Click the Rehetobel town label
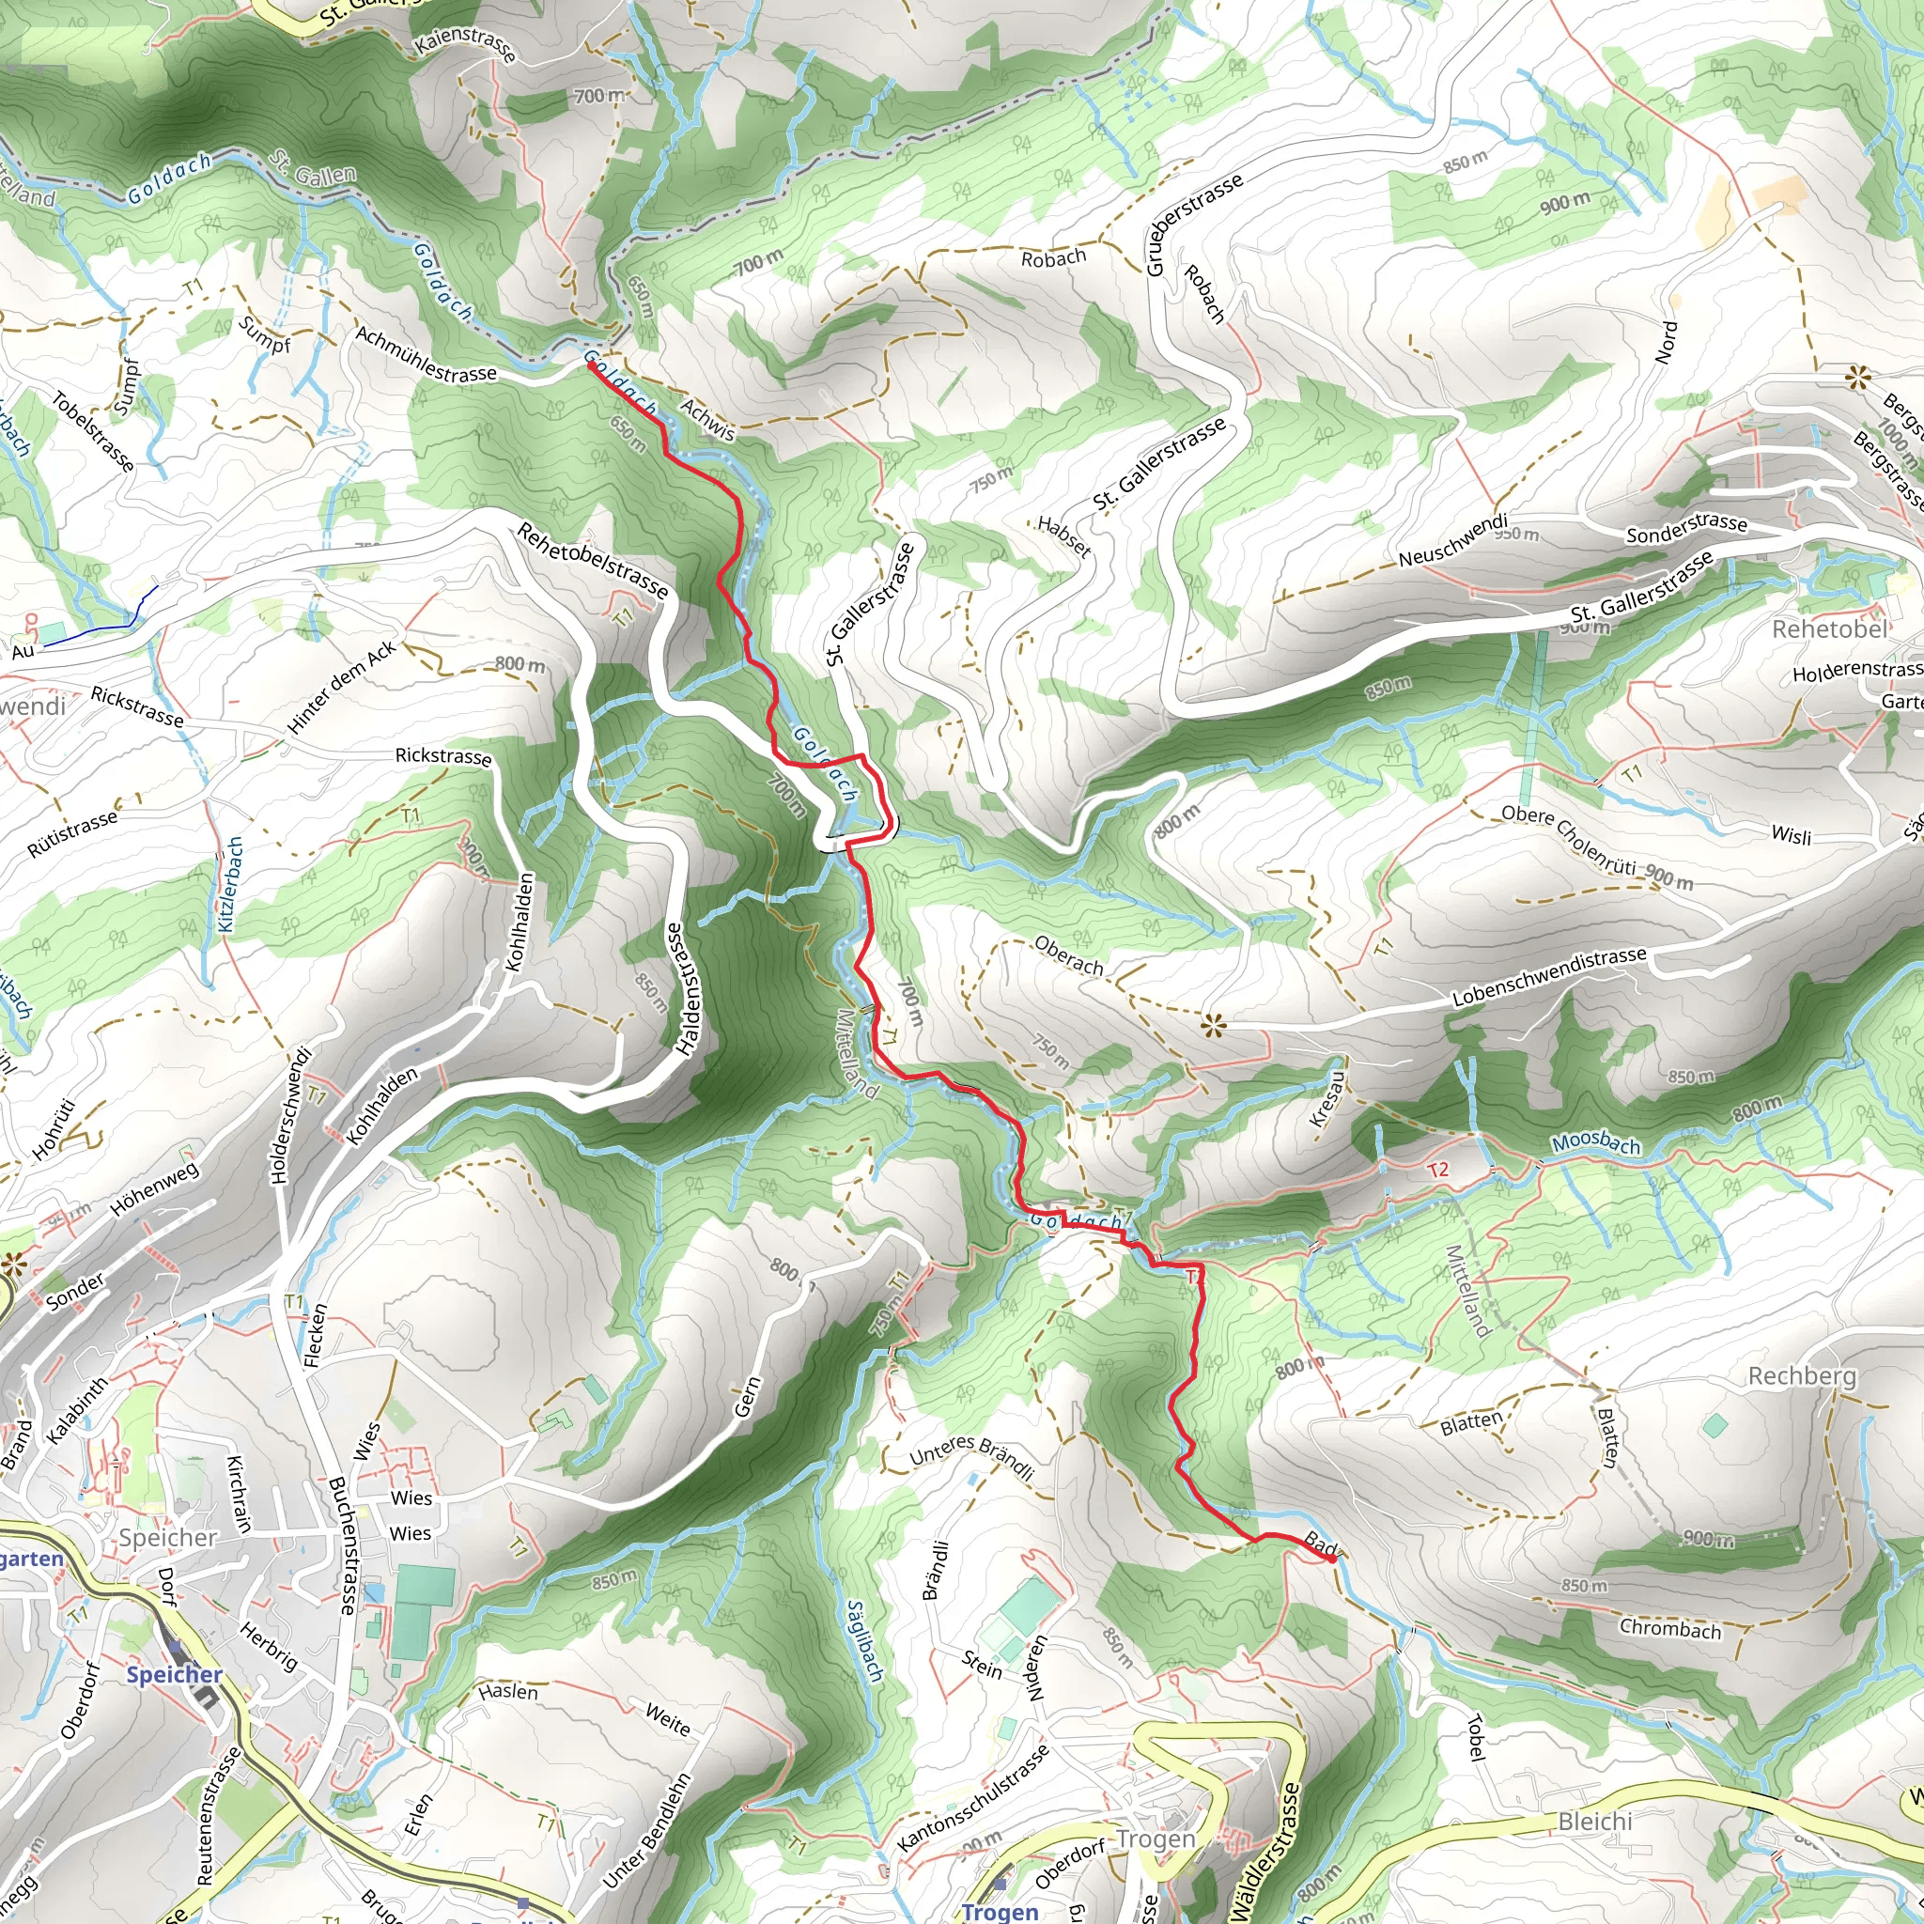(x=1829, y=629)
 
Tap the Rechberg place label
(x=1803, y=1376)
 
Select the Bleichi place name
(x=1594, y=1822)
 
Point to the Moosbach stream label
(x=1595, y=1144)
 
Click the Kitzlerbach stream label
(x=230, y=884)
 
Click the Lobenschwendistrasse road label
(x=1548, y=977)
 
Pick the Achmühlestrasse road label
(x=426, y=354)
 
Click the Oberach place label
(x=1068, y=956)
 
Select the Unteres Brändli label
(x=972, y=1458)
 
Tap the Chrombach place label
(x=1670, y=1628)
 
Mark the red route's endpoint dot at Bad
(x=1332, y=1559)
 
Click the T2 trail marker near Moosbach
(x=1438, y=1169)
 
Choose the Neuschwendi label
(x=1453, y=541)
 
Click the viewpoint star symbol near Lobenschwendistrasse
(x=1212, y=1024)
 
